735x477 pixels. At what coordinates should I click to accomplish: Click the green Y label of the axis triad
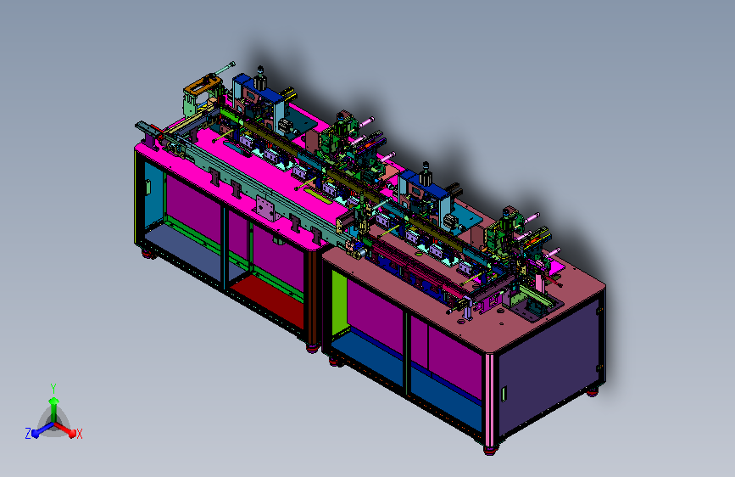point(53,388)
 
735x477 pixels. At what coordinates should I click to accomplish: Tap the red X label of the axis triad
point(79,435)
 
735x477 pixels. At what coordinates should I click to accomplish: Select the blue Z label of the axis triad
point(28,434)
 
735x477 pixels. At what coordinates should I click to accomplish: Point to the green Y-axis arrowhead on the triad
point(54,401)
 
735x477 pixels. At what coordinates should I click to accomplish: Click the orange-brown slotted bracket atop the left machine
point(203,85)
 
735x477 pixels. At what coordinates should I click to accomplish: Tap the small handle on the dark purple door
point(504,394)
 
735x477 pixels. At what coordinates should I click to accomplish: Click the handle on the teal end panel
point(148,187)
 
